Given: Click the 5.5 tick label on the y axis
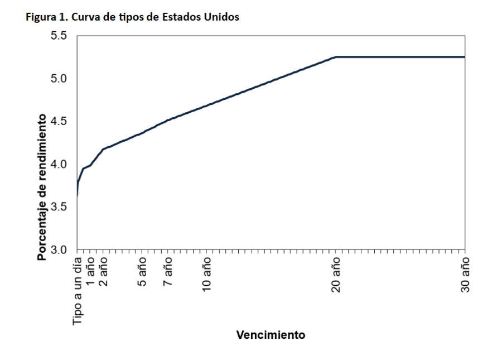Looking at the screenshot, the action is (59, 36).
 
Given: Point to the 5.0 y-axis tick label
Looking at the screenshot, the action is (59, 79).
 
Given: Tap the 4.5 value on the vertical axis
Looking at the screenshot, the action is (59, 121).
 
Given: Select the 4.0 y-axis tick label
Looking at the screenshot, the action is (59, 164).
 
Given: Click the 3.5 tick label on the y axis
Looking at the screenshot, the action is (59, 207).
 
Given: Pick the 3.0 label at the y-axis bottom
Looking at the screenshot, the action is (59, 249).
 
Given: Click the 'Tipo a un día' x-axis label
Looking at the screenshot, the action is (78, 291).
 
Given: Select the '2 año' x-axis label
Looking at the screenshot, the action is (103, 271).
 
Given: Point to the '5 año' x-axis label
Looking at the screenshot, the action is (142, 271).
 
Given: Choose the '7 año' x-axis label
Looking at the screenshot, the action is (168, 271).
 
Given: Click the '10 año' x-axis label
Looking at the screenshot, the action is (207, 274).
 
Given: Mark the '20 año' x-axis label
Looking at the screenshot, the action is (336, 275).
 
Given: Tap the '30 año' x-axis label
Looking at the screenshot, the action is (465, 275).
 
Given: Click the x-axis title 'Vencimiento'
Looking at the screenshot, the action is (271, 335).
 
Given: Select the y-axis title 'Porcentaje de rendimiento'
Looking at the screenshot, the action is (42, 188).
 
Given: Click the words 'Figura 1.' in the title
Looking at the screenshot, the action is (47, 17).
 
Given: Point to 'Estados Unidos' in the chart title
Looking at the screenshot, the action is (201, 17).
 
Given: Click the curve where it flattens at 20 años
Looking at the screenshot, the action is (336, 57).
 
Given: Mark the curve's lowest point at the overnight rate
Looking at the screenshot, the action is (77, 196).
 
